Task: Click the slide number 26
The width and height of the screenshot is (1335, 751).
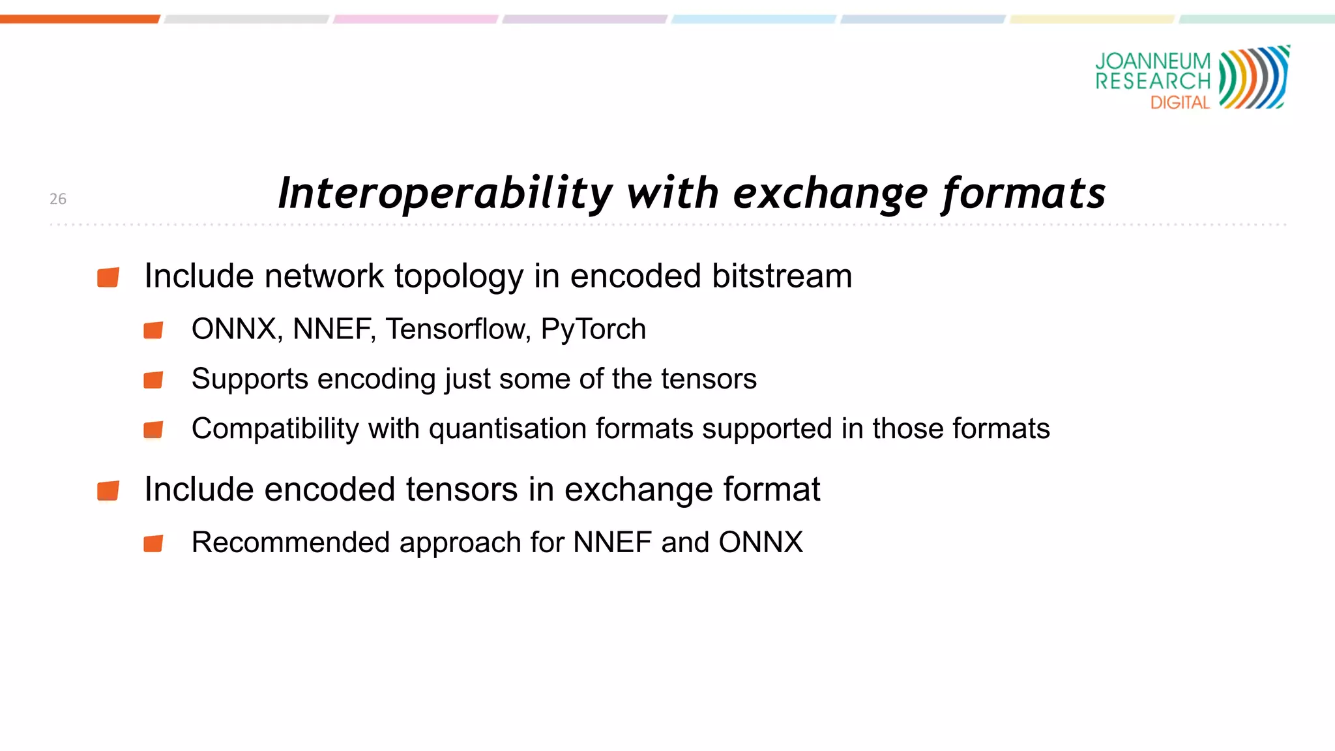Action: click(58, 199)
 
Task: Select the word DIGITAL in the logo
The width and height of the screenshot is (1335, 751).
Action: click(1180, 103)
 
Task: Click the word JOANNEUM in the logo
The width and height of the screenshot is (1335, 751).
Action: click(1152, 61)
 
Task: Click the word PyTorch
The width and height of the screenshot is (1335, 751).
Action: click(593, 329)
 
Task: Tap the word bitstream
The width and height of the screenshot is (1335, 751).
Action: click(782, 276)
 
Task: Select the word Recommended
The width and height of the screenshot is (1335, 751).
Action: click(291, 542)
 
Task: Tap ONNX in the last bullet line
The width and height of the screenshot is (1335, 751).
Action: click(761, 542)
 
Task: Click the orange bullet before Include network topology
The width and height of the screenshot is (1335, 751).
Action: click(108, 277)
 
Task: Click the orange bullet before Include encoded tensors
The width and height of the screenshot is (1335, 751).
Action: click(108, 490)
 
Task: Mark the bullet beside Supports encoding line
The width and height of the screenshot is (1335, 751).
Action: click(153, 379)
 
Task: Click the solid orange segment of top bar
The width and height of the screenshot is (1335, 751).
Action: click(79, 20)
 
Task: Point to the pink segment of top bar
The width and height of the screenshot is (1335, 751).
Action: click(415, 20)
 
